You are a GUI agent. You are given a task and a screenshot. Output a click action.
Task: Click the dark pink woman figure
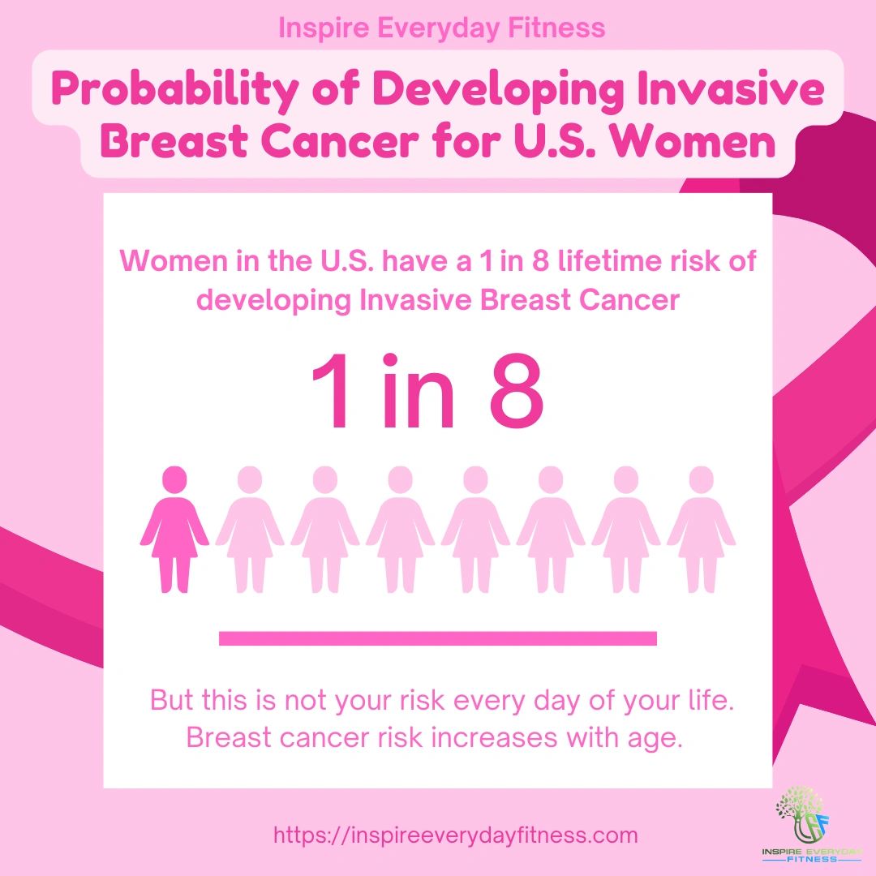coord(174,531)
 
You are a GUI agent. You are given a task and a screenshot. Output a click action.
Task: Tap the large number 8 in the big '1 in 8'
coord(516,393)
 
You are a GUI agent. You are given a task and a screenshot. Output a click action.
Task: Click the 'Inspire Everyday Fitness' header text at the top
coord(441,28)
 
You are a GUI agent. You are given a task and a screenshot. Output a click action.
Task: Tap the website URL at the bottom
coord(455,835)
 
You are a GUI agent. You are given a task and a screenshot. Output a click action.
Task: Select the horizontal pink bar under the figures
coord(438,638)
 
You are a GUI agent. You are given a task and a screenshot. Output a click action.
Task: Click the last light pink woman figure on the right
coord(702,531)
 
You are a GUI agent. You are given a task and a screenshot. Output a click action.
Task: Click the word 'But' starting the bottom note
coord(172,700)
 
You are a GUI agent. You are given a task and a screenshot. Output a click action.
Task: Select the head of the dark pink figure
coord(174,479)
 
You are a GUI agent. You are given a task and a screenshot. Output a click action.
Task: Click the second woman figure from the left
coord(250,531)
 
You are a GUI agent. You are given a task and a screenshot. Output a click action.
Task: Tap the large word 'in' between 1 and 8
coord(416,393)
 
